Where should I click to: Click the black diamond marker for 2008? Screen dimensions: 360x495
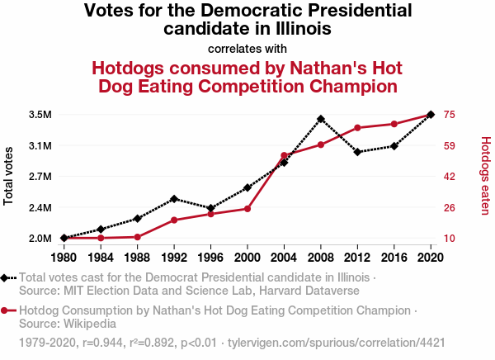click(x=321, y=119)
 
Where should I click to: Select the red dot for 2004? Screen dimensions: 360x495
click(x=284, y=155)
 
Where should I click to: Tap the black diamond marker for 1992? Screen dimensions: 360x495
click(x=174, y=199)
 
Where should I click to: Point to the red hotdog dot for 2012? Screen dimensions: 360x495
click(x=357, y=128)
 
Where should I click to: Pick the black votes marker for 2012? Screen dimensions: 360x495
click(x=357, y=152)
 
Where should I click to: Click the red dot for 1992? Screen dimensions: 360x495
click(x=174, y=220)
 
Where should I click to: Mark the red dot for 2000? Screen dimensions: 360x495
click(x=247, y=209)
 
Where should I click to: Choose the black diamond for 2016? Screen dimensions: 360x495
click(x=394, y=146)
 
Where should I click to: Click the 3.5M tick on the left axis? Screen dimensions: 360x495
click(x=40, y=114)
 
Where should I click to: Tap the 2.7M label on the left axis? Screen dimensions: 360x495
click(x=40, y=177)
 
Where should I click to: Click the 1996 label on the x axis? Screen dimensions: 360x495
click(x=210, y=256)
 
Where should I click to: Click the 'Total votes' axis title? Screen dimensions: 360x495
click(x=10, y=176)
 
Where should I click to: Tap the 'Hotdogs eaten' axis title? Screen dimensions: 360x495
click(x=485, y=176)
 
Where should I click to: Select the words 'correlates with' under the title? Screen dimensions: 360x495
click(x=247, y=48)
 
